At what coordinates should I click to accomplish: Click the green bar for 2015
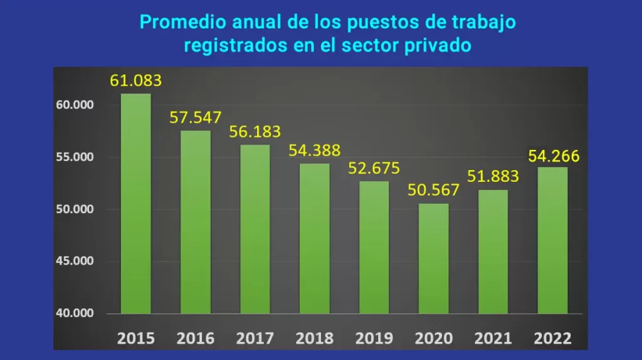pyautogui.click(x=136, y=203)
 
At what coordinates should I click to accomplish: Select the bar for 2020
pyautogui.click(x=434, y=258)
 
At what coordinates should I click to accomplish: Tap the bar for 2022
pyautogui.click(x=552, y=240)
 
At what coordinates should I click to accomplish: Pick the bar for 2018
pyautogui.click(x=315, y=238)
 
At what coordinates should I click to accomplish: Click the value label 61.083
pyautogui.click(x=136, y=80)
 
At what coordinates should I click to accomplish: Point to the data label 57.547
pyautogui.click(x=195, y=117)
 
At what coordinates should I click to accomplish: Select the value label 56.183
pyautogui.click(x=255, y=132)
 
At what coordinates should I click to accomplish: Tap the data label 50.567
pyautogui.click(x=434, y=190)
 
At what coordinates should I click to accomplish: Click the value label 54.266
pyautogui.click(x=554, y=156)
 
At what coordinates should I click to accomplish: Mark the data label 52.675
pyautogui.click(x=374, y=169)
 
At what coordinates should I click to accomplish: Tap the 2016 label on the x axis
pyautogui.click(x=196, y=339)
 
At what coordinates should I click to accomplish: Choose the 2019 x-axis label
pyautogui.click(x=374, y=339)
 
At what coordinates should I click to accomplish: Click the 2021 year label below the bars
pyautogui.click(x=493, y=339)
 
